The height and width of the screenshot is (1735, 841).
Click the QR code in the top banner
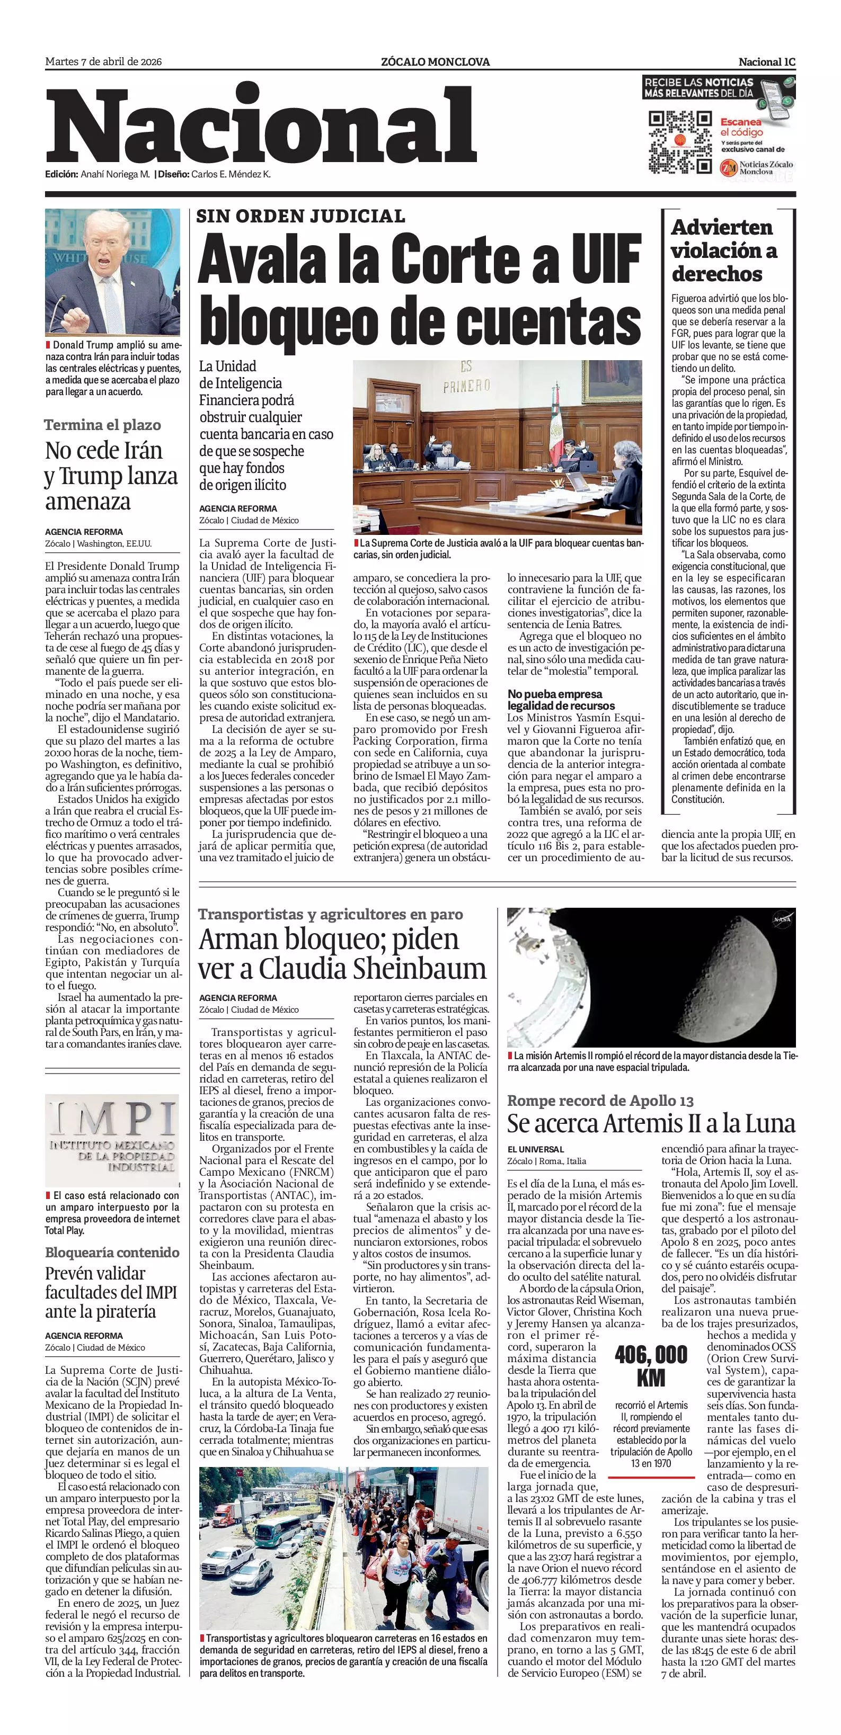pyautogui.click(x=679, y=141)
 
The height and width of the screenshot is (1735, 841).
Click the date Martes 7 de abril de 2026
pyautogui.click(x=103, y=62)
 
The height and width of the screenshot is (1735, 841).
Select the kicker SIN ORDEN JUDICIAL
pyautogui.click(x=300, y=216)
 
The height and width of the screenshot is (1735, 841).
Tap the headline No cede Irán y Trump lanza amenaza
pyautogui.click(x=111, y=476)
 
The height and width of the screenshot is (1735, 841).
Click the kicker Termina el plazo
pyautogui.click(x=102, y=425)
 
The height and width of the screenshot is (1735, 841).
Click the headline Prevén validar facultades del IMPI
pyautogui.click(x=111, y=1292)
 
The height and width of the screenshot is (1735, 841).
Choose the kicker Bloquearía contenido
pyautogui.click(x=112, y=1252)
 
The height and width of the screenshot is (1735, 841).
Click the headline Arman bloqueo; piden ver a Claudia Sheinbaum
pyautogui.click(x=342, y=954)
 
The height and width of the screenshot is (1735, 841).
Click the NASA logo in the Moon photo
pyautogui.click(x=782, y=919)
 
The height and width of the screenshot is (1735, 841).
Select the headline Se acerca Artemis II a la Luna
pyautogui.click(x=651, y=1123)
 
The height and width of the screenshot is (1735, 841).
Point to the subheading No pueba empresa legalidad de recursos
pyautogui.click(x=561, y=699)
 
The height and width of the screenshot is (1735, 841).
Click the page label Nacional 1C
pyautogui.click(x=767, y=62)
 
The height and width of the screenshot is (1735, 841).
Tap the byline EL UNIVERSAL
pyautogui.click(x=536, y=1149)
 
